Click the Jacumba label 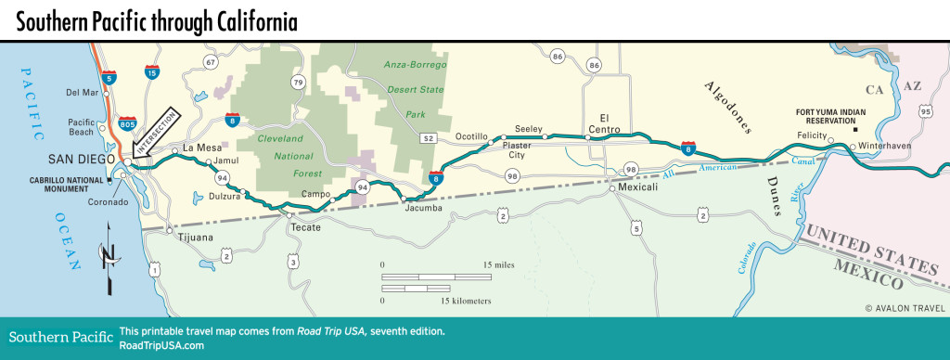click(424, 207)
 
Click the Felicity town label click(811, 135)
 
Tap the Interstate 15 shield click(151, 70)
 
